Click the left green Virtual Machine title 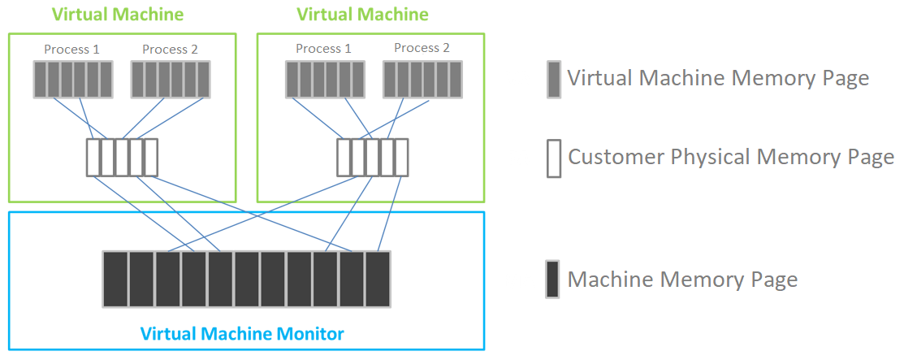(x=117, y=15)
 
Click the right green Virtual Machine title (x=362, y=15)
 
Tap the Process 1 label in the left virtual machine (x=72, y=50)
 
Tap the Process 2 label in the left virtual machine (x=170, y=50)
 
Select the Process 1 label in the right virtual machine (x=323, y=49)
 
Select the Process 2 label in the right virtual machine (x=422, y=48)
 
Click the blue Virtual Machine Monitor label (x=242, y=333)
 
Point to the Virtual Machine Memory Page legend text (x=718, y=79)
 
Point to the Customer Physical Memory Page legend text (x=730, y=157)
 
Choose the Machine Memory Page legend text (x=682, y=280)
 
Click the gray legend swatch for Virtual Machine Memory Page (x=554, y=80)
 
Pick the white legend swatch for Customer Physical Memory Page (x=554, y=158)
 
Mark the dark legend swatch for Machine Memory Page (x=553, y=280)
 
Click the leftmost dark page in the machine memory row (x=115, y=279)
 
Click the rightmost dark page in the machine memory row (x=378, y=279)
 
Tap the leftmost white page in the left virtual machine (x=93, y=158)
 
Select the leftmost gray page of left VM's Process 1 (x=41, y=80)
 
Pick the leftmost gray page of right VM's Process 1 (x=292, y=80)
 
